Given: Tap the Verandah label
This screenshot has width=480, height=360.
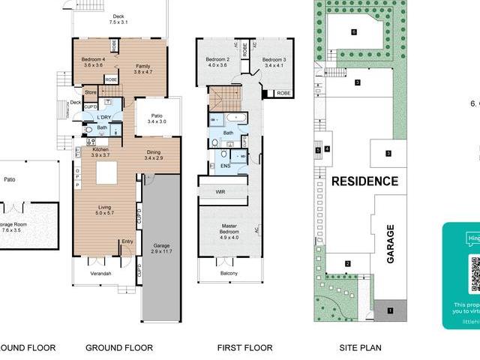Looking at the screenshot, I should point(101,274).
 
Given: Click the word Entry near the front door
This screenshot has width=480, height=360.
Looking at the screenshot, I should point(127,241).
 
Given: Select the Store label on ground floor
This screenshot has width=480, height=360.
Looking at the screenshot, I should point(91,92).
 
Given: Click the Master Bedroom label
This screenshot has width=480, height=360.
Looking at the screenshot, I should point(229,229).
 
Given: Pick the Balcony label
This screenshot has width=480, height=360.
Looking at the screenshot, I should point(229,274).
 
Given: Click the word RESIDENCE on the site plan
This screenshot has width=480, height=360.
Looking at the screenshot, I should point(364,181).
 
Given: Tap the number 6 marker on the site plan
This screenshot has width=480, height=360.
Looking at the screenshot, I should point(354,31).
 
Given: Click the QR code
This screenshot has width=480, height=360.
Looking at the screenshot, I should point(474,274).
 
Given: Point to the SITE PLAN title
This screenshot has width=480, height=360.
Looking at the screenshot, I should point(360,347).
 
